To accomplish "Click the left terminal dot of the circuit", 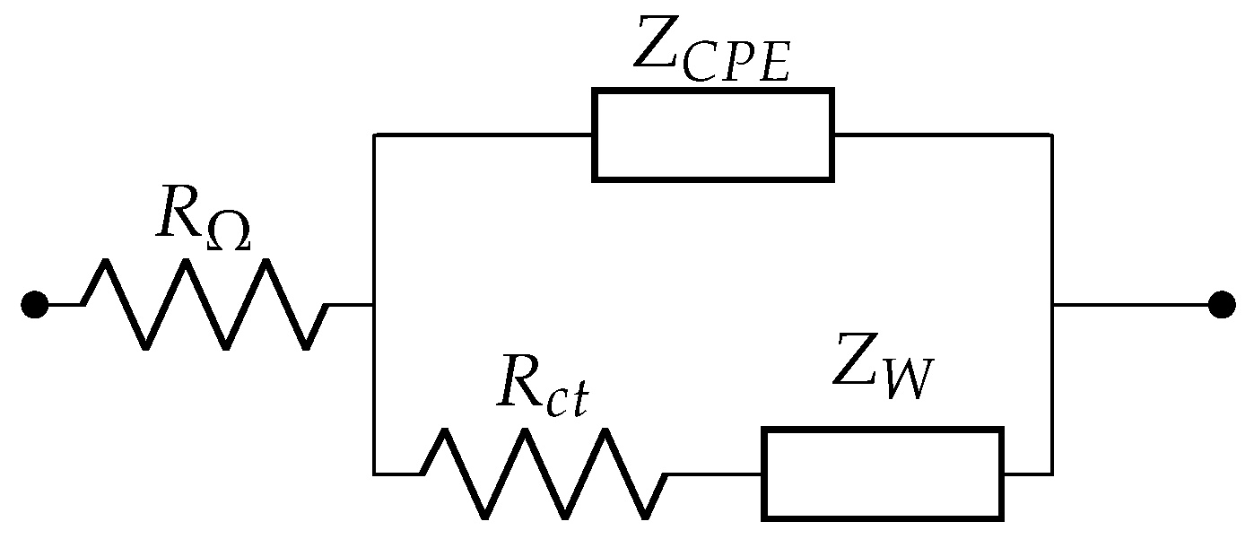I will point(34,305).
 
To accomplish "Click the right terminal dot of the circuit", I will point(1221,305).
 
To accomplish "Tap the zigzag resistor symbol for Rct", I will point(544,474).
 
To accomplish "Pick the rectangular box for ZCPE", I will point(713,135).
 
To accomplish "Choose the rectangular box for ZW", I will point(883,474).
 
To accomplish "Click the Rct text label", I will point(543,393).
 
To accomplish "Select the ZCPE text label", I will point(711,49).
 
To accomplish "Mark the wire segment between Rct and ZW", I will point(714,474).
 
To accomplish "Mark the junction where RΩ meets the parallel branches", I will point(374,305).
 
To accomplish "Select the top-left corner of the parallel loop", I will point(374,135).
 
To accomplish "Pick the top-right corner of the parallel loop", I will point(1051,135).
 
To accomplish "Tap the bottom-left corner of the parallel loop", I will point(374,474).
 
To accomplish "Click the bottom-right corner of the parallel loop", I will point(1051,474).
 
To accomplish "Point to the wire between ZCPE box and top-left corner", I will point(483,135).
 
